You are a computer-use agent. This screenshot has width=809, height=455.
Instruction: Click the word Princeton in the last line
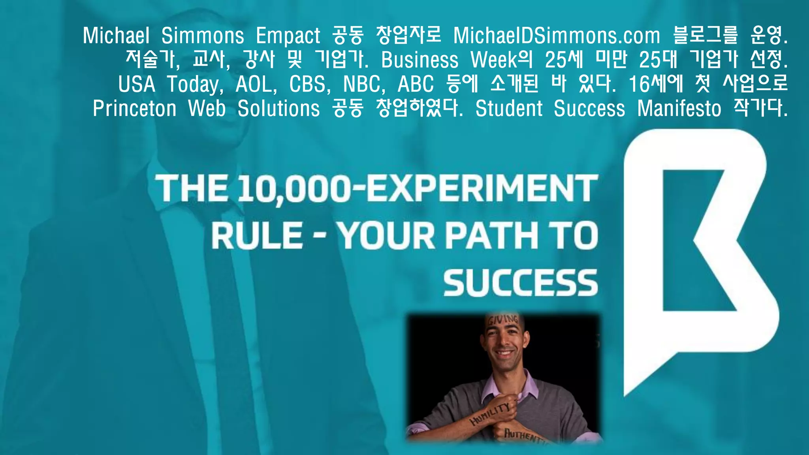point(134,109)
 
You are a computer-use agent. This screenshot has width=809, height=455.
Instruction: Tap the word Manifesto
point(679,109)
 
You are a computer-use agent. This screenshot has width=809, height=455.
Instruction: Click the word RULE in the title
point(257,235)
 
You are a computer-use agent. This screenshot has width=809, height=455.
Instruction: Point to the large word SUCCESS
point(520,283)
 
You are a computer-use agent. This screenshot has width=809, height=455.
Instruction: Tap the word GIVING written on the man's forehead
point(503,320)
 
